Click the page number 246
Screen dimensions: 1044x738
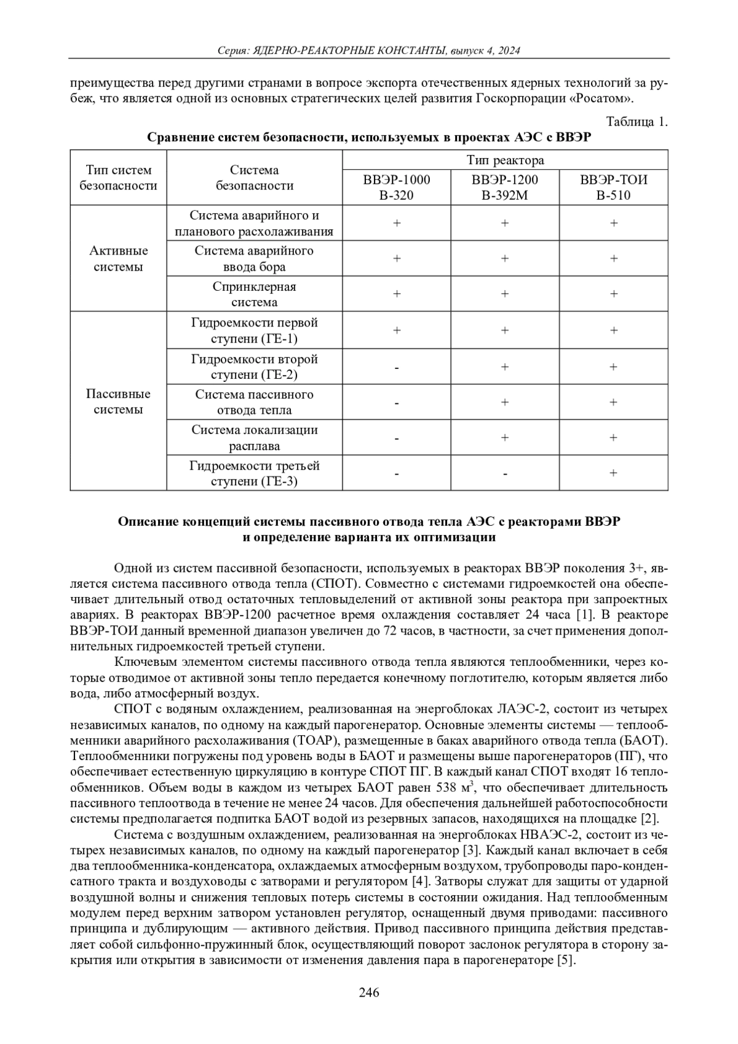click(369, 992)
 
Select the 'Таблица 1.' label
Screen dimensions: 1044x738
click(637, 122)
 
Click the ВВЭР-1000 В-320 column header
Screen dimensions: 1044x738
click(397, 188)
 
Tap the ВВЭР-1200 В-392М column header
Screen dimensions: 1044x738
click(505, 188)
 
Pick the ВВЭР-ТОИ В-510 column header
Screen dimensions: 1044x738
click(614, 188)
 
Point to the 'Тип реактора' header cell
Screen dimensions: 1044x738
click(505, 160)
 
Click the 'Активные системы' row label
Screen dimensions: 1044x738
click(119, 259)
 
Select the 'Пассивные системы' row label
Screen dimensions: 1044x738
click(119, 401)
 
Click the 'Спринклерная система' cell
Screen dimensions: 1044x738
click(254, 295)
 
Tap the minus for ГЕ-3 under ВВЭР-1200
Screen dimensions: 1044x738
click(505, 474)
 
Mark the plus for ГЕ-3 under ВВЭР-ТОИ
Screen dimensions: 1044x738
click(614, 473)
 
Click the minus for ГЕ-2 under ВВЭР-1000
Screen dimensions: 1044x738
click(397, 368)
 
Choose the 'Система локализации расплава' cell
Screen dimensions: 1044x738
click(254, 438)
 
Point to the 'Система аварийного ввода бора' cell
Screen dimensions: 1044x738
click(254, 259)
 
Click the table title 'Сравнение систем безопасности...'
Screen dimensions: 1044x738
click(369, 137)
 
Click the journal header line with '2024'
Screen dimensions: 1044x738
click(369, 51)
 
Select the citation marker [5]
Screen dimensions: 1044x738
click(566, 960)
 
